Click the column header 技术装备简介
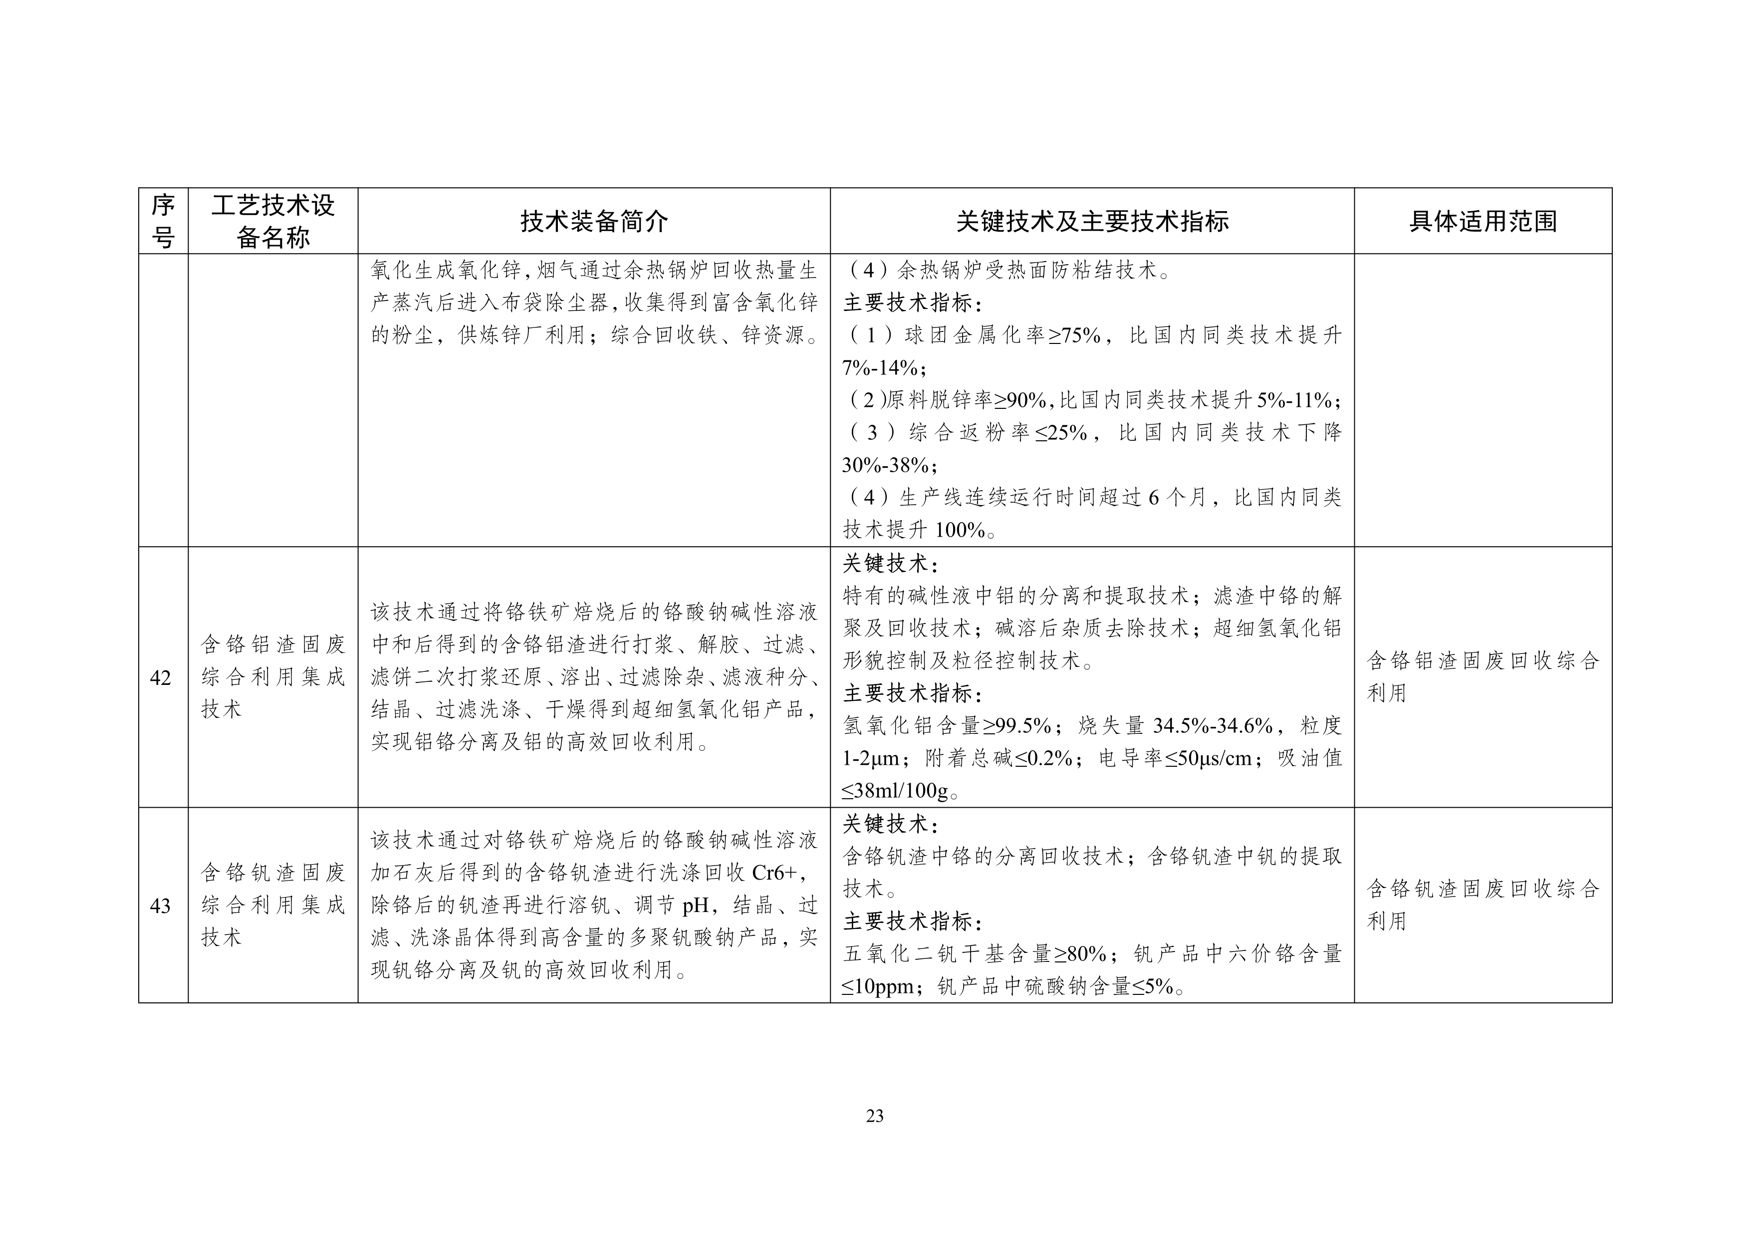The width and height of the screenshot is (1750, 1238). (x=594, y=222)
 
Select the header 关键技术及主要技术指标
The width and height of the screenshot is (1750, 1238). (x=1091, y=222)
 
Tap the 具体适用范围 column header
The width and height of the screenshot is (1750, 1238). (x=1483, y=222)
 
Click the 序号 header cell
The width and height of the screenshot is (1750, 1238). (x=163, y=222)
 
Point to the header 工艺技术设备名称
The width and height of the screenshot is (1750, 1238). (x=273, y=222)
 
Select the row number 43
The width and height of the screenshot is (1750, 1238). (x=161, y=906)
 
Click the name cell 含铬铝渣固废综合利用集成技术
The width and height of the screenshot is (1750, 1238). (x=273, y=677)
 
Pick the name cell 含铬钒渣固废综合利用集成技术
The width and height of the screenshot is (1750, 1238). (x=273, y=905)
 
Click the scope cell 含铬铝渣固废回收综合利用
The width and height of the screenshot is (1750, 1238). (x=1483, y=677)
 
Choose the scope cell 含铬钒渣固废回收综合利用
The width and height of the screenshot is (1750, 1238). (x=1483, y=905)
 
